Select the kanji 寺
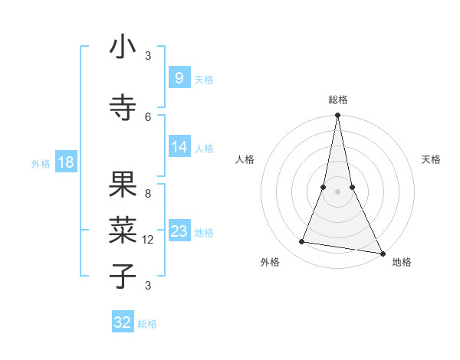pyautogui.click(x=123, y=108)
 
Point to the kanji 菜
pyautogui.click(x=123, y=229)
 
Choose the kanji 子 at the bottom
pyautogui.click(x=123, y=276)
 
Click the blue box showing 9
pyautogui.click(x=179, y=78)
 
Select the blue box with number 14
pyautogui.click(x=179, y=147)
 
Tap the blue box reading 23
pyautogui.click(x=179, y=231)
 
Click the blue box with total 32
pyautogui.click(x=123, y=322)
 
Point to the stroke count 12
pyautogui.click(x=148, y=240)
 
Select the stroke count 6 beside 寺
pyautogui.click(x=148, y=116)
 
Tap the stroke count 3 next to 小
pyautogui.click(x=148, y=56)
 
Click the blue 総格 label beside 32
pyautogui.click(x=147, y=324)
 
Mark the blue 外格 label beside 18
pyautogui.click(x=41, y=163)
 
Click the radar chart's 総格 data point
pyautogui.click(x=337, y=116)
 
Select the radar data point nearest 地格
pyautogui.click(x=382, y=253)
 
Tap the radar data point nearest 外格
pyautogui.click(x=302, y=242)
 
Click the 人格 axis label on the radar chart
pyautogui.click(x=245, y=159)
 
